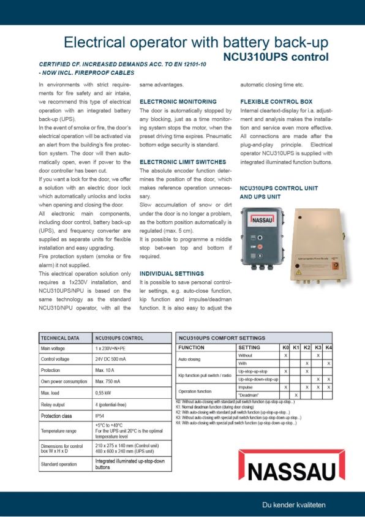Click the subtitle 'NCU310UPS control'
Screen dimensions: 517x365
tap(275, 57)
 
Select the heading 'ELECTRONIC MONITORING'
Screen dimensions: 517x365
tap(178, 101)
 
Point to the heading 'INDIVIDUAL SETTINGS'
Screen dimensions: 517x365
tap(171, 273)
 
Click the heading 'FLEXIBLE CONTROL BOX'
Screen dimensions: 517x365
tap(276, 101)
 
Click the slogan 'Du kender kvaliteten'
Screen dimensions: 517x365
tap(293, 504)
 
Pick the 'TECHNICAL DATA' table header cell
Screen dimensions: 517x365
tap(60, 338)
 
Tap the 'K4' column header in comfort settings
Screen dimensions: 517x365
tap(328, 347)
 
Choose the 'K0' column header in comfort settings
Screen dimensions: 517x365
tap(286, 347)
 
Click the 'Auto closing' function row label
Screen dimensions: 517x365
tap(189, 359)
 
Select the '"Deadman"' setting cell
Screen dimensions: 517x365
tap(249, 395)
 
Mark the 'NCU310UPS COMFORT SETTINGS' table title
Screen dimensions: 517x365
tap(222, 338)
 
